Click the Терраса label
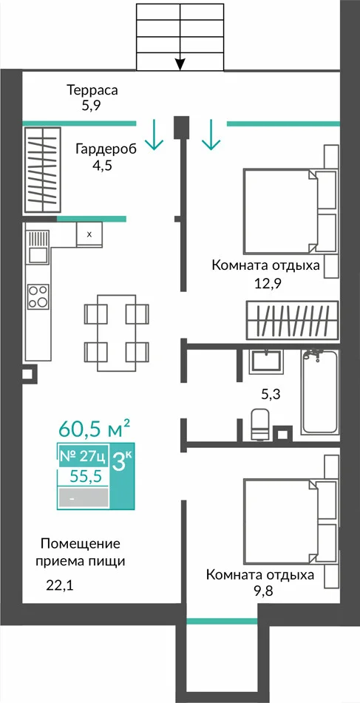92,89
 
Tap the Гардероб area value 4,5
101,166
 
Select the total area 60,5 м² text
94,429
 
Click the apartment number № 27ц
83,457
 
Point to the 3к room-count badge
122,462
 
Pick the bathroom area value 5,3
271,395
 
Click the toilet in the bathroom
259,424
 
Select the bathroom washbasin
266,361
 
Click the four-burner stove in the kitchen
38,296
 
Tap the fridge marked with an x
89,234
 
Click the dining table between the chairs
117,333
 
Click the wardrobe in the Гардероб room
43,170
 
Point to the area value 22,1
59,585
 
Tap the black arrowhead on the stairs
180,65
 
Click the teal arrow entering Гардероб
154,135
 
